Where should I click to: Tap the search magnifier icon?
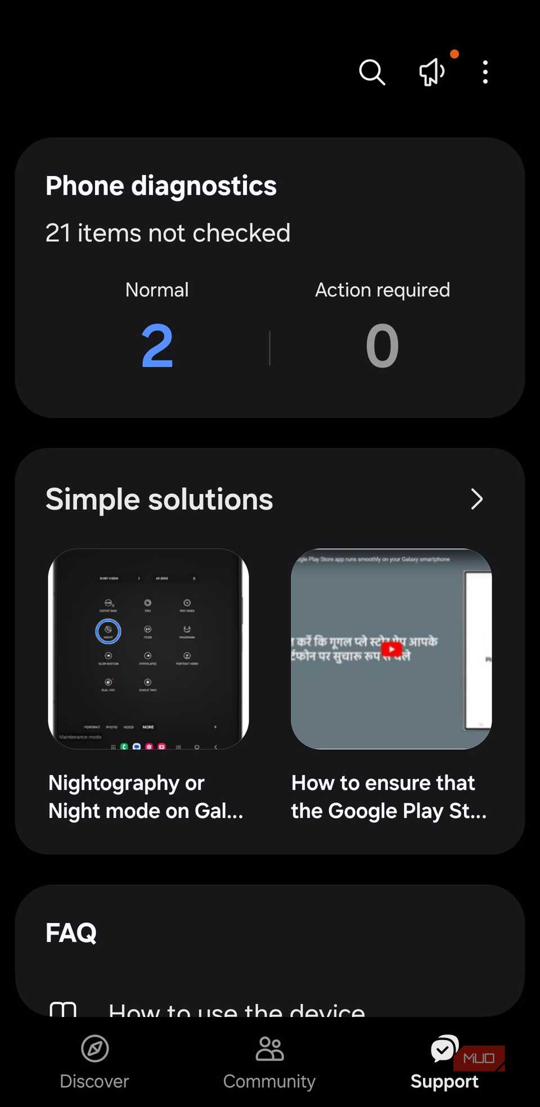click(x=372, y=72)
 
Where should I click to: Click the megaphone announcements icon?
click(x=432, y=72)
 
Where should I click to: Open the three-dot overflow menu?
click(x=485, y=72)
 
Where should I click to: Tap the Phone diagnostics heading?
click(x=161, y=186)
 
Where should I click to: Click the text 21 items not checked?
click(x=168, y=233)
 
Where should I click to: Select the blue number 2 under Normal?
click(x=157, y=346)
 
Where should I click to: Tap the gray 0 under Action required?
click(x=382, y=346)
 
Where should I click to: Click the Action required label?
click(x=382, y=290)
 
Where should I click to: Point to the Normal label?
click(x=157, y=290)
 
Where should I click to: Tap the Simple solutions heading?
click(x=159, y=499)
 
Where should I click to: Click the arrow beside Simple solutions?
click(x=476, y=499)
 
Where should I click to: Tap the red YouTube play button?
click(x=391, y=649)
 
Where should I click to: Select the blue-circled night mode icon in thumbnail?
click(x=108, y=631)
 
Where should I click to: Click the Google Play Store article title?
click(x=389, y=796)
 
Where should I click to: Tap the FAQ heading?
click(x=71, y=933)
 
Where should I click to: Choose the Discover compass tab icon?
click(x=94, y=1048)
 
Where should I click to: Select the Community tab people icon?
click(x=269, y=1048)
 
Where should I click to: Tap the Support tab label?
click(x=444, y=1081)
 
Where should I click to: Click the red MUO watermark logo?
click(x=479, y=1058)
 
